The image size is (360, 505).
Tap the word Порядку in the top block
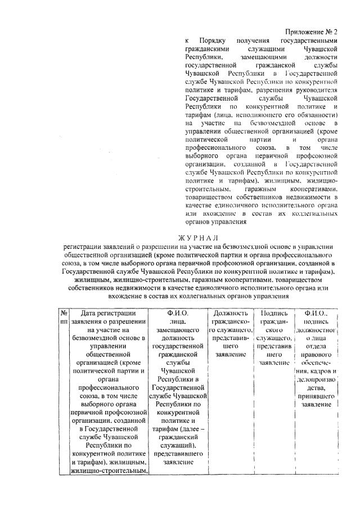coord(213,41)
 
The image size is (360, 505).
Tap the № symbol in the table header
coord(64,312)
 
